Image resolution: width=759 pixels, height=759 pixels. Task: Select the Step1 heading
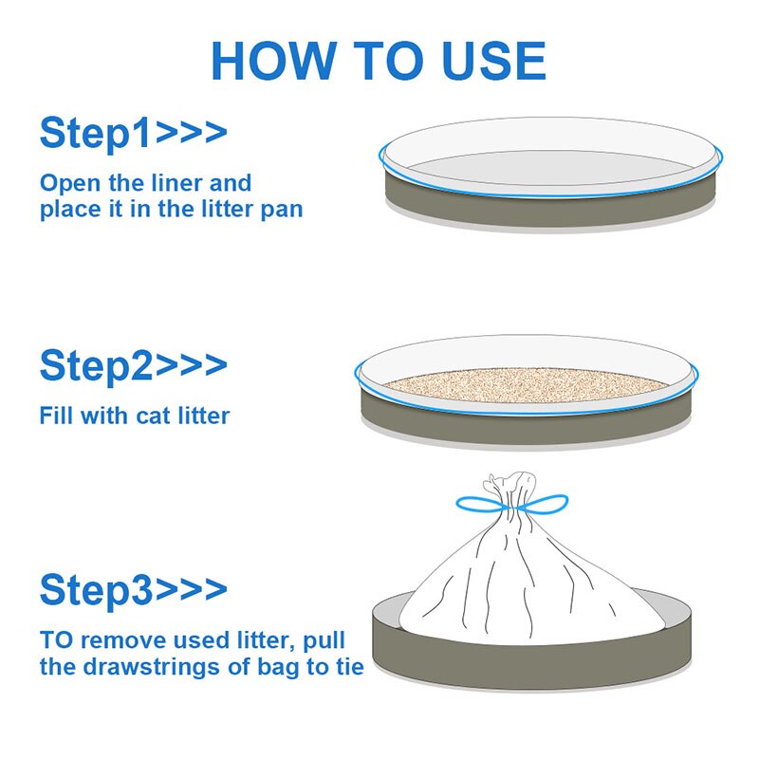[x=95, y=134]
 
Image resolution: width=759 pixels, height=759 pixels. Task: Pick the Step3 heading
[x=95, y=590]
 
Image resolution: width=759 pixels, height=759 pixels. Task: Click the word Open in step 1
[x=69, y=182]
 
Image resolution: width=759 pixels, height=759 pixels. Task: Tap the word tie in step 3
[x=346, y=666]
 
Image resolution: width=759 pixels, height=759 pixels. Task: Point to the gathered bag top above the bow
[x=510, y=486]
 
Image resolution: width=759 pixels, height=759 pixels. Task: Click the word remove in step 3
[x=123, y=639]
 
